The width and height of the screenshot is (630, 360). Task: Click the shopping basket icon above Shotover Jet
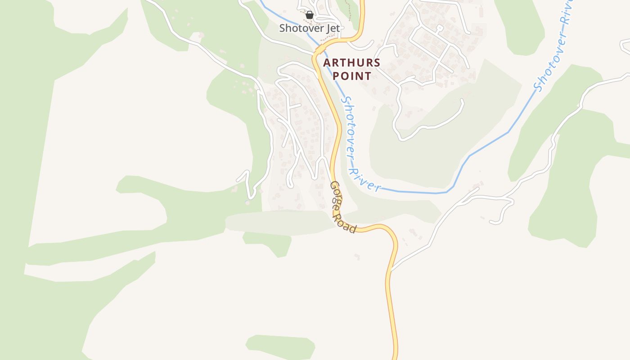pos(310,15)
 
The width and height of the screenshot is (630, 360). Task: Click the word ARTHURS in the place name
pos(352,63)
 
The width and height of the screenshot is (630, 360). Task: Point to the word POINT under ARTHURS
pos(352,76)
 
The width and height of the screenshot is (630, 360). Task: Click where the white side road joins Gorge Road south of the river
pos(391,270)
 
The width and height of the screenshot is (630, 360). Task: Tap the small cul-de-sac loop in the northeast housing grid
pos(440,28)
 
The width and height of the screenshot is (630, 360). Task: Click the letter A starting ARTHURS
pos(327,63)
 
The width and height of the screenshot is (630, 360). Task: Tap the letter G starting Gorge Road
pos(334,185)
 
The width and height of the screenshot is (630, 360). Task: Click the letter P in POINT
pos(336,76)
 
